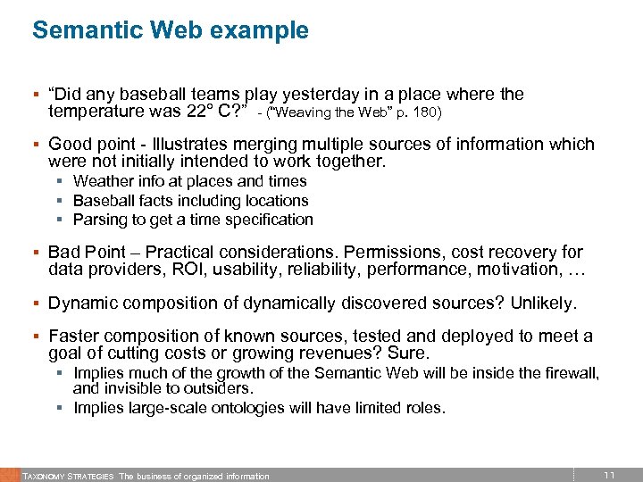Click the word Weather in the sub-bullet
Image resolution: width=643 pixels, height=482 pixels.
coord(103,182)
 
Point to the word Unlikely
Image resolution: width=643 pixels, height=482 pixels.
coord(544,303)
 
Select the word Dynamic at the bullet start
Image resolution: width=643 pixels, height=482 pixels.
coord(79,303)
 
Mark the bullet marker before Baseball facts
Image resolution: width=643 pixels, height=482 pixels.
coord(63,202)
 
